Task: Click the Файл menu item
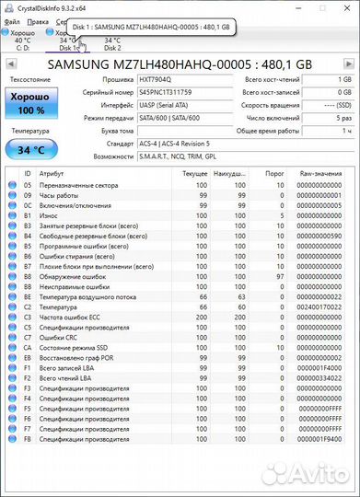[x=11, y=19]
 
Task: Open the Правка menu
[x=38, y=19]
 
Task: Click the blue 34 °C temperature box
[x=30, y=150]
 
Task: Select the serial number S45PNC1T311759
[x=165, y=93]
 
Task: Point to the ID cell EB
[x=28, y=357]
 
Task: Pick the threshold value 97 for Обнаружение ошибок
[x=280, y=276]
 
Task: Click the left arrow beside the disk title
[x=11, y=65]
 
